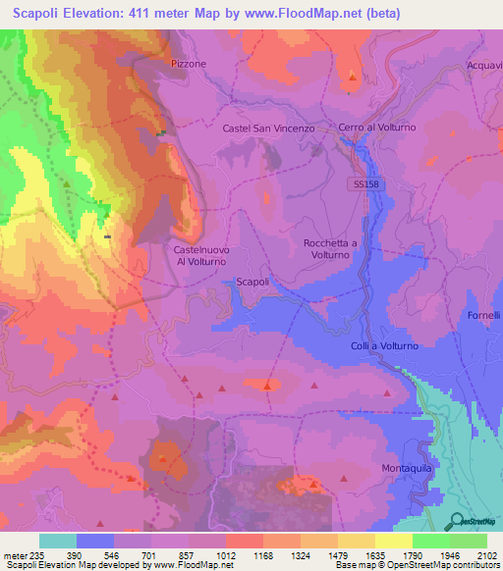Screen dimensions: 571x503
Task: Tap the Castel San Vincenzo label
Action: tap(267, 129)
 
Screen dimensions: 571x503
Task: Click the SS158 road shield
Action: tap(363, 183)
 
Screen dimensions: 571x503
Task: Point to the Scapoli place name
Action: tap(252, 282)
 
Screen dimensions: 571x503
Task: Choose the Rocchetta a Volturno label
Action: tap(334, 248)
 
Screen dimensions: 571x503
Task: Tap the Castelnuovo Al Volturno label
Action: tap(201, 256)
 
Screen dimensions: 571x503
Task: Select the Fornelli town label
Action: tap(483, 315)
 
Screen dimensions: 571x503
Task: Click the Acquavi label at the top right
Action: tap(484, 65)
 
